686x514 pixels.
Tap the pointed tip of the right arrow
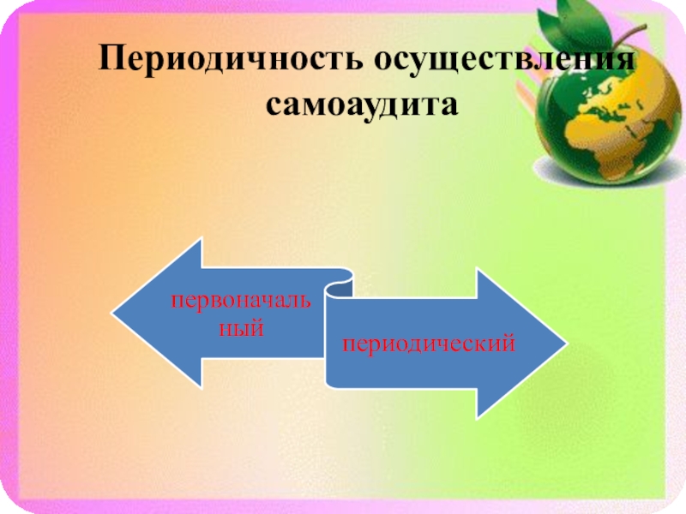[x=565, y=345]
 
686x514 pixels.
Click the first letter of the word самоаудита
[x=272, y=108]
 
